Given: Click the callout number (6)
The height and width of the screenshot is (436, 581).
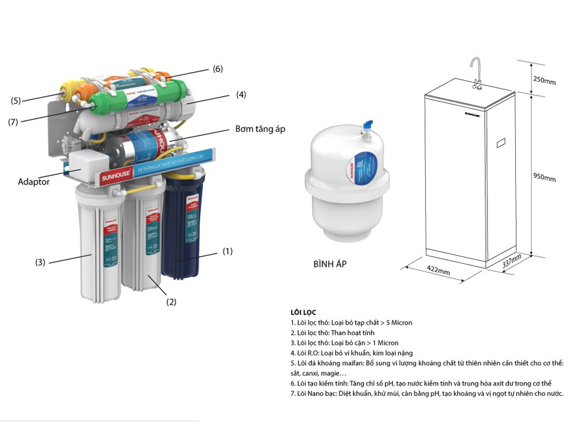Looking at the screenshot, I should click(x=217, y=69).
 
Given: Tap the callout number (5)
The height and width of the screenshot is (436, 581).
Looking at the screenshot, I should click(x=16, y=101).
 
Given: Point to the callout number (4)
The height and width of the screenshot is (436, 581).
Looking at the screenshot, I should click(x=241, y=95).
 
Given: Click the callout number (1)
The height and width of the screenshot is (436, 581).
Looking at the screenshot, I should click(x=227, y=251).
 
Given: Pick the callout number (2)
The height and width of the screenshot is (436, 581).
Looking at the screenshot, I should click(x=171, y=302).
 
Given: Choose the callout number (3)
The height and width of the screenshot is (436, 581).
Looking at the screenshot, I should click(x=40, y=262).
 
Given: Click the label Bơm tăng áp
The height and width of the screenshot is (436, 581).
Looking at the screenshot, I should click(x=260, y=128).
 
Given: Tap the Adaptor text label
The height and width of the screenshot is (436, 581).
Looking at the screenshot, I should click(x=34, y=182).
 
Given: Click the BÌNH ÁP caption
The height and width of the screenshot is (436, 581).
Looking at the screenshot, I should click(x=329, y=264).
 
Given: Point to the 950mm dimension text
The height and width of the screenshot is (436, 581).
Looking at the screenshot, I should click(x=544, y=177).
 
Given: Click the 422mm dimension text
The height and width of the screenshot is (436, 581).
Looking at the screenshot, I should click(x=438, y=270).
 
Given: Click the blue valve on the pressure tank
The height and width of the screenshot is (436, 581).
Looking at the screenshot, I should click(x=367, y=124).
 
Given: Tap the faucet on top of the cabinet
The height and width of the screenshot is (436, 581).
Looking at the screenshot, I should click(x=476, y=73).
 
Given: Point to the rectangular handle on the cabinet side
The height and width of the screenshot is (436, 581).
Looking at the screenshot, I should click(x=500, y=142).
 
